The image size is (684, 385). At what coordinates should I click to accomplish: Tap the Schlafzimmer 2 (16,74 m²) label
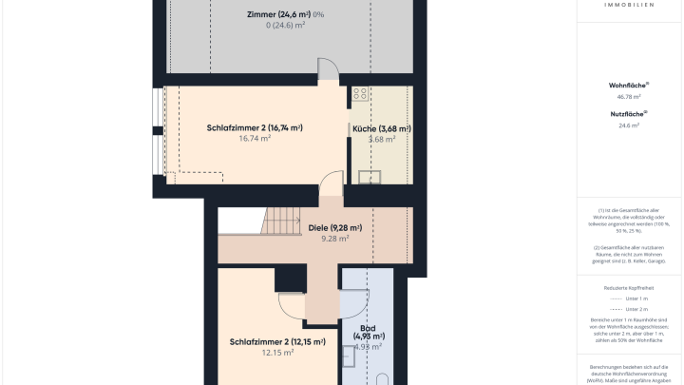click(x=254, y=127)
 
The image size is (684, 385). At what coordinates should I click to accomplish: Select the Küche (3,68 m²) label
click(x=381, y=128)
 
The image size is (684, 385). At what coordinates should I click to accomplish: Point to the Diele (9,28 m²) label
click(x=335, y=228)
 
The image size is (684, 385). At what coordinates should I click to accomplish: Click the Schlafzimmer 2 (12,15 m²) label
click(x=276, y=341)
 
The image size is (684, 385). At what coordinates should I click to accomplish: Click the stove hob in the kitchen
click(x=360, y=93)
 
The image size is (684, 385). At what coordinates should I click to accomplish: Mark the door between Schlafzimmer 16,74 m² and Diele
click(x=331, y=184)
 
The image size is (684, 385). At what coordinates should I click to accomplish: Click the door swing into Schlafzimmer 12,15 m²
click(x=294, y=304)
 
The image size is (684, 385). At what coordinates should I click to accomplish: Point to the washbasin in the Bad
click(x=351, y=356)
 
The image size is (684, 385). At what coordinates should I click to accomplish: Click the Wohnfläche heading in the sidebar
click(x=628, y=85)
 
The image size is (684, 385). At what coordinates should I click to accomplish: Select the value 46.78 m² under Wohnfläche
click(x=628, y=96)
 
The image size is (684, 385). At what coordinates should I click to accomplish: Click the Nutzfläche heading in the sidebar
click(x=628, y=113)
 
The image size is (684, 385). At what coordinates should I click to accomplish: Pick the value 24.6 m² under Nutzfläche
click(x=628, y=125)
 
